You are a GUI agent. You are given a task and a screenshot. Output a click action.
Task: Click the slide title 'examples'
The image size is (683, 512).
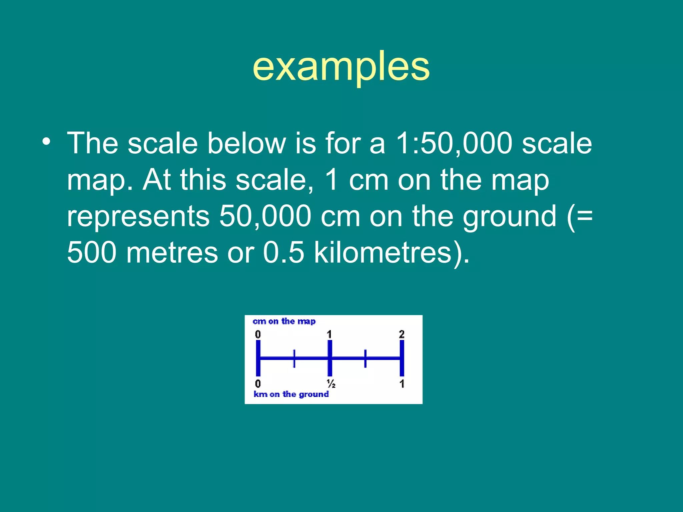tap(341, 67)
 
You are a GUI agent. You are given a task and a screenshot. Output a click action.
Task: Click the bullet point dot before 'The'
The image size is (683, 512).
tap(47, 141)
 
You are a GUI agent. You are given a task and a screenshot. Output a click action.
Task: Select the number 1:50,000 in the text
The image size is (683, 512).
tap(454, 143)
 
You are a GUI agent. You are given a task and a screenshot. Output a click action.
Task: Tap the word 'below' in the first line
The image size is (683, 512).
tap(246, 143)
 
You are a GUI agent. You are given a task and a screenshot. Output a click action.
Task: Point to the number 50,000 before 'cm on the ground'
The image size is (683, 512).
tap(265, 216)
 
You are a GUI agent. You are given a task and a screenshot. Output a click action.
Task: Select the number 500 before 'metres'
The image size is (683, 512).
tap(92, 252)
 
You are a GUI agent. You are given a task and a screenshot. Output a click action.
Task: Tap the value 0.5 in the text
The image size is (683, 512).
tap(283, 252)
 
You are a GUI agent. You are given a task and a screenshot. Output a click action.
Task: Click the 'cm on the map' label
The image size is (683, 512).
tap(284, 321)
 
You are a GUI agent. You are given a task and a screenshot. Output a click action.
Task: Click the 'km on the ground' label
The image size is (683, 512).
tap(291, 394)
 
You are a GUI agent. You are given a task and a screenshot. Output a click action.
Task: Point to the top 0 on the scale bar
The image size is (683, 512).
tap(258, 334)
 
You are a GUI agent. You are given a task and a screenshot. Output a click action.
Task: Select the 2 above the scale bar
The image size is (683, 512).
tap(402, 334)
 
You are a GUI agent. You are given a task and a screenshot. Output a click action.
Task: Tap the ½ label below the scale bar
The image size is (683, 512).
tap(331, 384)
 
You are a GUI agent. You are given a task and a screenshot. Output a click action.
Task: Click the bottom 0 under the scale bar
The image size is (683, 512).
tap(258, 384)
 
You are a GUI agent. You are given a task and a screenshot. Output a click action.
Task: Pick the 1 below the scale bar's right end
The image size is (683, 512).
tap(402, 384)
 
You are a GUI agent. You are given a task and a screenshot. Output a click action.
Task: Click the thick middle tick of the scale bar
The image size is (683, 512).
tap(329, 358)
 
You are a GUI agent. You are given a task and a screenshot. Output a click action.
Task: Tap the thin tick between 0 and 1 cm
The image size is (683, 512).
tap(294, 358)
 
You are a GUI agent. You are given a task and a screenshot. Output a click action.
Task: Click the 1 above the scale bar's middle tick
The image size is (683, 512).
tap(329, 334)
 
